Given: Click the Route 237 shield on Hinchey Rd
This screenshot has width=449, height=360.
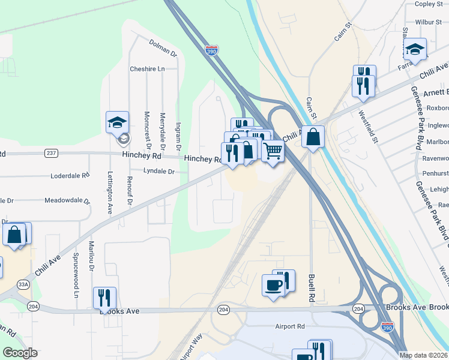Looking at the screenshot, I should click(51, 153).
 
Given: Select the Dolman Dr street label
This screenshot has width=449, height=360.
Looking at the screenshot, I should click(163, 48).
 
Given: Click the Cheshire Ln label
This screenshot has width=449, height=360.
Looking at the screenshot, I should click(147, 69).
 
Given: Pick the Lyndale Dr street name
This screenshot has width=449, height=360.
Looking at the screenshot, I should click(158, 171).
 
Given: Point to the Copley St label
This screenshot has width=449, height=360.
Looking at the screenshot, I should click(429, 4).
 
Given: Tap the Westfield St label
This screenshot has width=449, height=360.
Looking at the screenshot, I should click(366, 126).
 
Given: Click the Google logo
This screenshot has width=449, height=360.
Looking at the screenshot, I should click(20, 353).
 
